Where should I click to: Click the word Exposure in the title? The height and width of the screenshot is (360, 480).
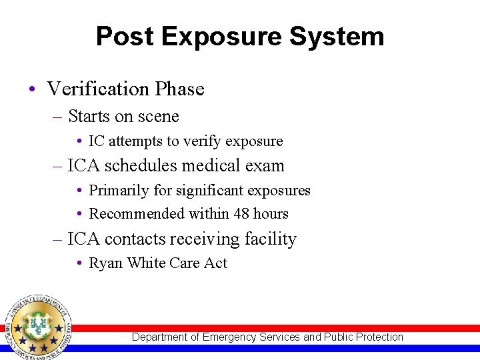point(224,37)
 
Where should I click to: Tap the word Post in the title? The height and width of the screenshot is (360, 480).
point(125,37)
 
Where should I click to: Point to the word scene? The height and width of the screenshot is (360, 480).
point(157,117)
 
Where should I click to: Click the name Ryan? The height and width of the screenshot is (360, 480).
point(105,263)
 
